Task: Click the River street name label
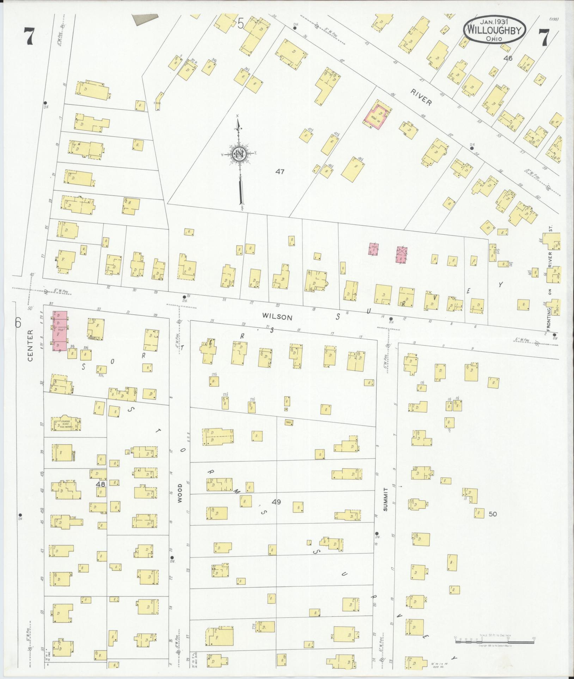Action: click(x=421, y=97)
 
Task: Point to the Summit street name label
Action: click(x=385, y=500)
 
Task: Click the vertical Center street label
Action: click(x=30, y=340)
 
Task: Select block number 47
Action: click(x=280, y=172)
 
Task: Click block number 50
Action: click(x=493, y=514)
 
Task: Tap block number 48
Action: click(x=100, y=484)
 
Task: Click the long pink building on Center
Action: click(x=60, y=331)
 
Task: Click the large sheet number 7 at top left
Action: click(x=28, y=37)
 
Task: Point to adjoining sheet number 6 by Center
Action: click(x=18, y=322)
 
